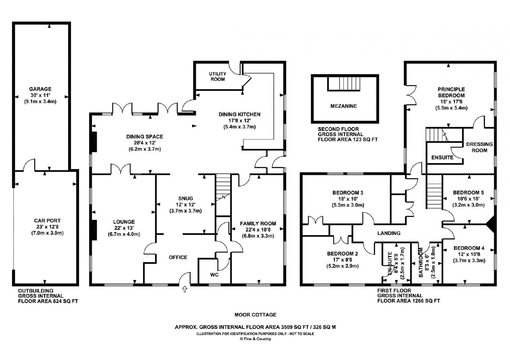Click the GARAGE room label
(x=40, y=89)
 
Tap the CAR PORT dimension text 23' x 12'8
(x=47, y=227)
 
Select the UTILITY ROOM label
(x=218, y=76)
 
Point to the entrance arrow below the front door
(x=185, y=289)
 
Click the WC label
(x=214, y=275)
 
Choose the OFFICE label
(x=178, y=257)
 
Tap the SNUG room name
(x=186, y=198)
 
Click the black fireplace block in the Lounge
(x=94, y=230)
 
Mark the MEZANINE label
(x=344, y=106)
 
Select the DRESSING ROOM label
(x=479, y=147)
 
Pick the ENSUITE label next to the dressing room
(x=442, y=157)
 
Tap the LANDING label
(x=389, y=233)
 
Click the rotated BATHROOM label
(x=421, y=262)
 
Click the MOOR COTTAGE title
(x=255, y=315)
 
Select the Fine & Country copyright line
(x=255, y=339)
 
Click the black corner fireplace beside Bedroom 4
(x=490, y=224)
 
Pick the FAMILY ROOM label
(x=258, y=224)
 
